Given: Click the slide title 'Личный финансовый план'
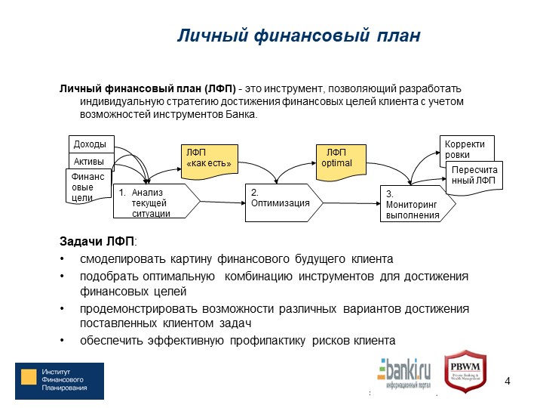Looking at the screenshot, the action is (x=299, y=36).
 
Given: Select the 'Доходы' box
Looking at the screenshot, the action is (x=91, y=144).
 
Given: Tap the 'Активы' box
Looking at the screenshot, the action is (x=91, y=161).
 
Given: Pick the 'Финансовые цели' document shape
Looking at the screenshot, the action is (x=88, y=187).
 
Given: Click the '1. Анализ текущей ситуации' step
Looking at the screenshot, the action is (x=157, y=201).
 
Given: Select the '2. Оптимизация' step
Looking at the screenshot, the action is (x=284, y=202).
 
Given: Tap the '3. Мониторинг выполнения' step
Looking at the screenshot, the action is (x=418, y=204).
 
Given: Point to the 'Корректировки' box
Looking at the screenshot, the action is (x=467, y=149).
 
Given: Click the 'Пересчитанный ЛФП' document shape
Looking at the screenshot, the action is (x=474, y=177).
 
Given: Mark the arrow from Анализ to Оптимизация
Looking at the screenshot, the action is (x=222, y=202).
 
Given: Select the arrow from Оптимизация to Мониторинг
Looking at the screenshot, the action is (x=351, y=203).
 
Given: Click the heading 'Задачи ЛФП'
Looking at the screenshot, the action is (x=98, y=241).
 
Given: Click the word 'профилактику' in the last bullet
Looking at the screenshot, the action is (x=268, y=341).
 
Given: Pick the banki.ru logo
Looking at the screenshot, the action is (x=403, y=373).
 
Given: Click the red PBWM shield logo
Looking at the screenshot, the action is (x=465, y=372).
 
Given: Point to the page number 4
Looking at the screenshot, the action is (x=508, y=381).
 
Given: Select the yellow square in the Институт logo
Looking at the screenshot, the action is (x=29, y=377).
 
